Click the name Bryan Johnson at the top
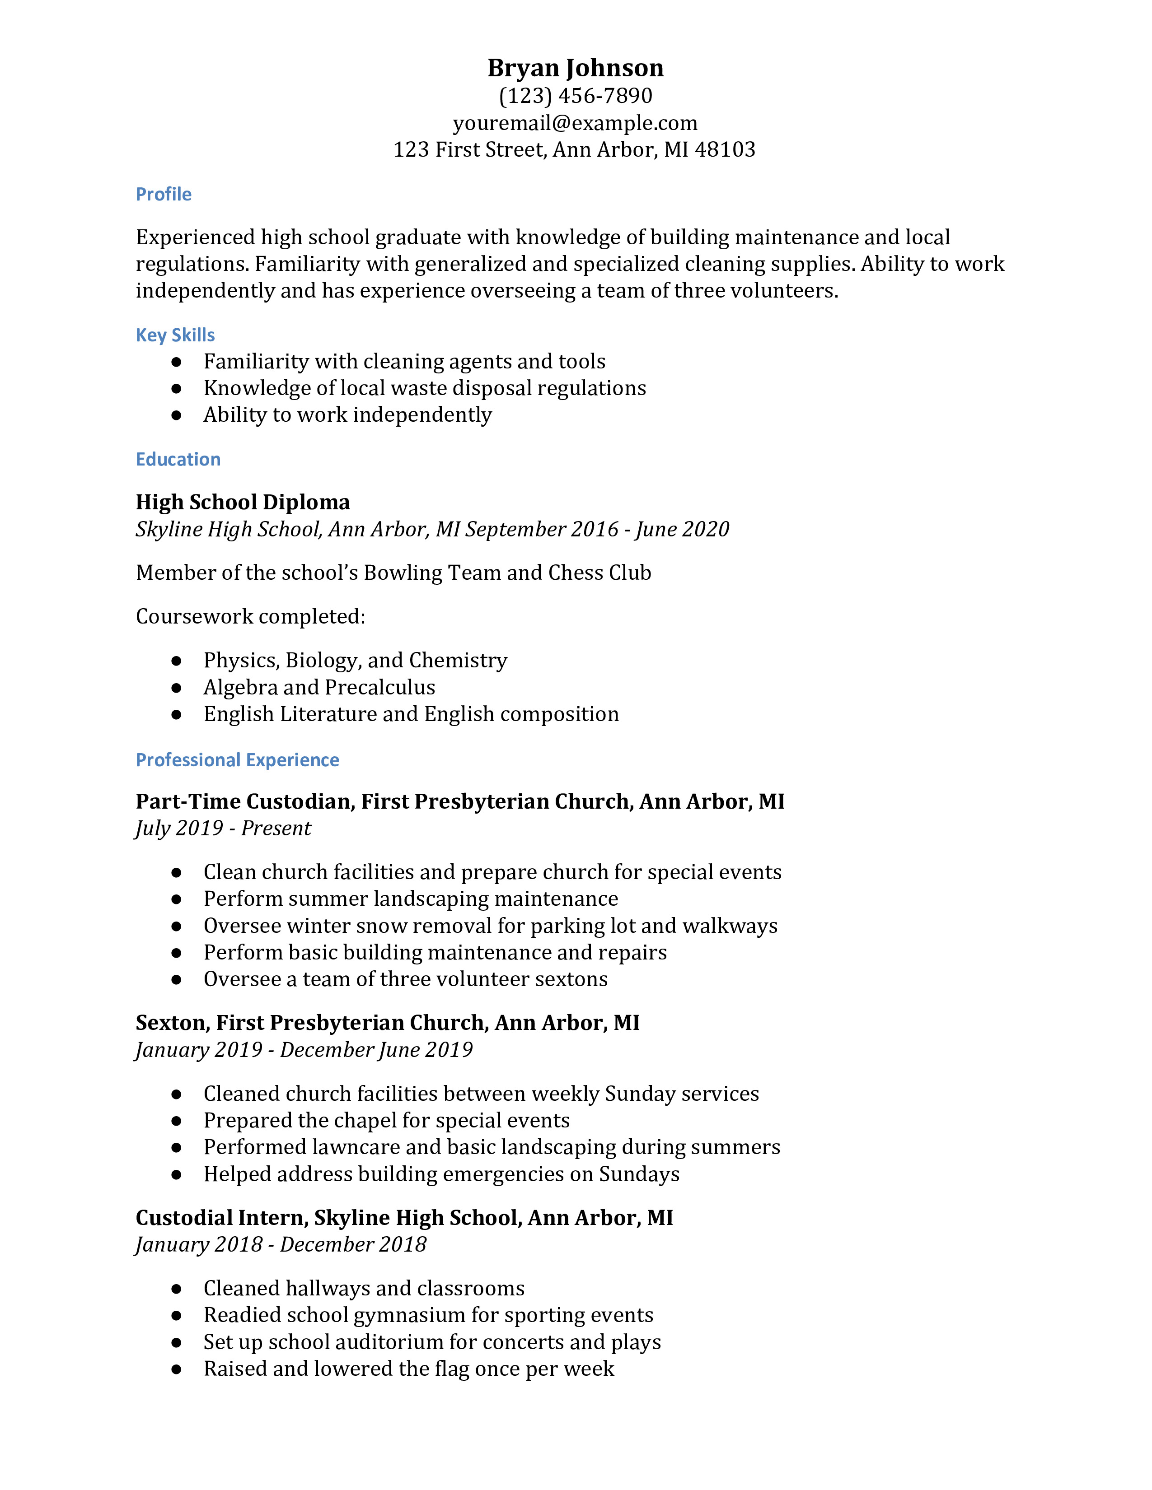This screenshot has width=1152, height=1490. tap(575, 68)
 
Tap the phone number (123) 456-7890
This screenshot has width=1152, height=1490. tap(575, 96)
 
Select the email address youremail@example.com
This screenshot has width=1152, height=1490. tap(575, 123)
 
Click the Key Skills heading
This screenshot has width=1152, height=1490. tap(175, 335)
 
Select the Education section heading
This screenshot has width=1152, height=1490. tap(178, 459)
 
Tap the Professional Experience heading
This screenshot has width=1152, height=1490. tap(238, 760)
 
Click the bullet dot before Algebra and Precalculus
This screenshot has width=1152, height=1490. tap(177, 688)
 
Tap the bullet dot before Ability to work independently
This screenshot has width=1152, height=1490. tap(177, 415)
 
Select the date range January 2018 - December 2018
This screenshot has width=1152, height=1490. tap(281, 1244)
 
